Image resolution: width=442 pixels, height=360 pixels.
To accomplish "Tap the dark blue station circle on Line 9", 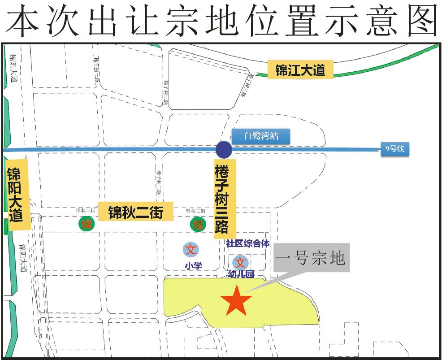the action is pos(224,150).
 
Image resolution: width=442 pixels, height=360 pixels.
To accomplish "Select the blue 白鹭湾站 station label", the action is pos(261,136).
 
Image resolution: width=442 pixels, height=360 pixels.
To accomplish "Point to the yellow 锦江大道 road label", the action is pos(300,70).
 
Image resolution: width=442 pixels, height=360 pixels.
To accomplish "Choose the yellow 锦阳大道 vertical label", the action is pos(17,195).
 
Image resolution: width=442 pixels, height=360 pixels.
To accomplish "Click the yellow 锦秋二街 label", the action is pos(135,211).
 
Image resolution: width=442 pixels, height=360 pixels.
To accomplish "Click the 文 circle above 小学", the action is pos(192,249).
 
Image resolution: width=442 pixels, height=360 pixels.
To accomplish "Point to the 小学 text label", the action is pos(193,265).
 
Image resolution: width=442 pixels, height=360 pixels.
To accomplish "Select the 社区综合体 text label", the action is pos(248,243).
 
